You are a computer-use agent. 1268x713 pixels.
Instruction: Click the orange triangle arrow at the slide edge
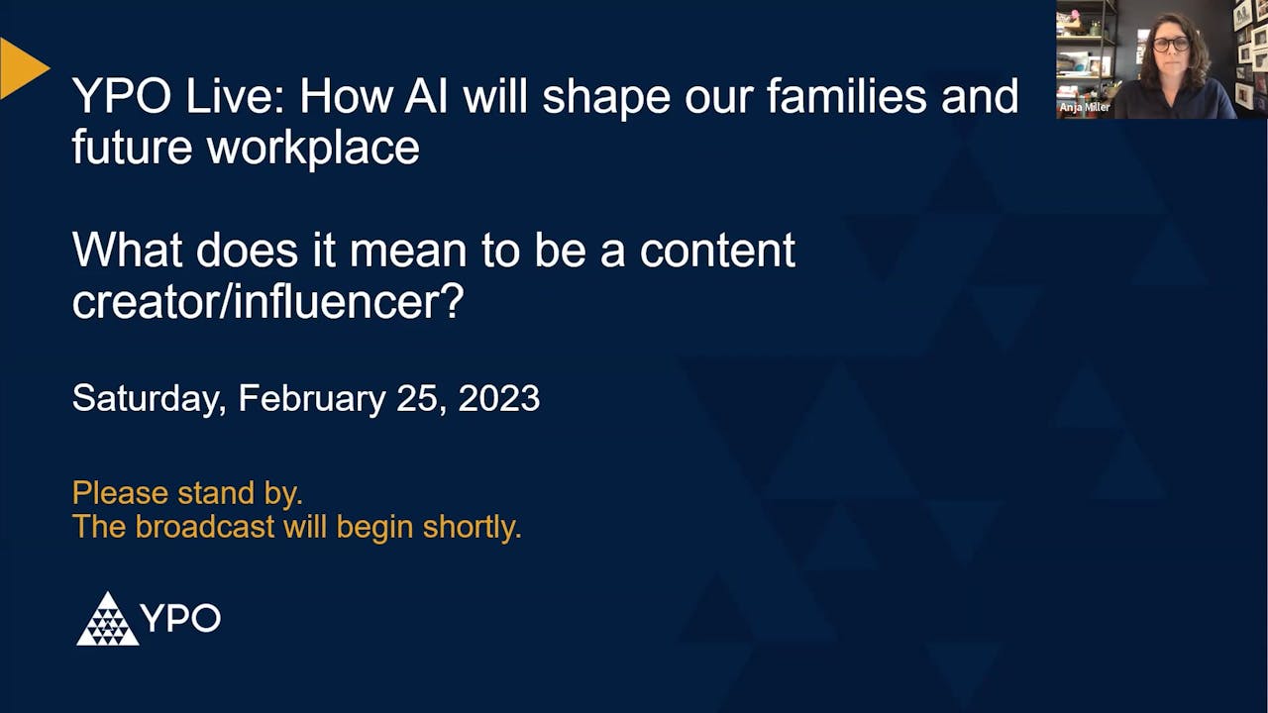click(22, 68)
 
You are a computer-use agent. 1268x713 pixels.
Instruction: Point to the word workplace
click(312, 148)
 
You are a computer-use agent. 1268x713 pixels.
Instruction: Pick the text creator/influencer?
click(267, 302)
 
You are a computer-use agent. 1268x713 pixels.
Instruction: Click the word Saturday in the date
click(150, 398)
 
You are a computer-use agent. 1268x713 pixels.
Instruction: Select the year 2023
click(498, 398)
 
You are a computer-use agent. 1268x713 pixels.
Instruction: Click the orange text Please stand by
click(187, 492)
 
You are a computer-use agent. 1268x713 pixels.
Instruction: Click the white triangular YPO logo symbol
click(107, 620)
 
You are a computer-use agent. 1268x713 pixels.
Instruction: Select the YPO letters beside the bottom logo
click(180, 619)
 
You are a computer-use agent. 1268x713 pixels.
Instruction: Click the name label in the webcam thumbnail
click(1085, 107)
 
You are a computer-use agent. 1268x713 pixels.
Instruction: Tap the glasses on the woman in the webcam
click(1171, 45)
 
